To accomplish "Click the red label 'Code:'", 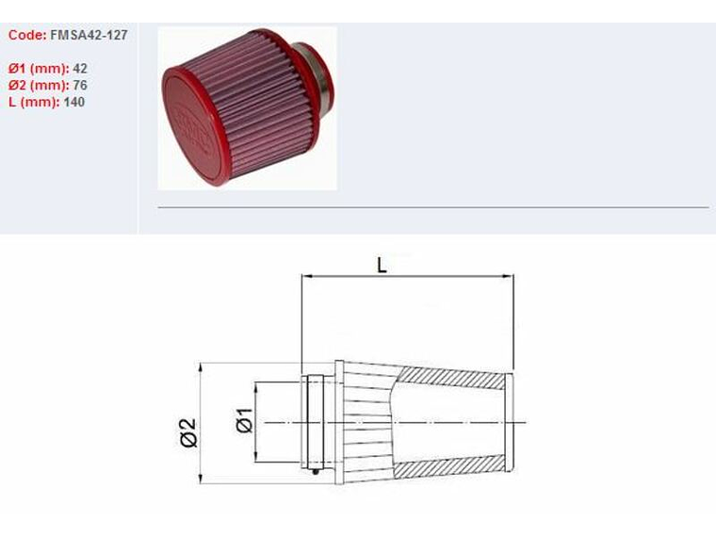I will click(x=26, y=35).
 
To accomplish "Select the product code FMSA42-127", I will click(x=89, y=35).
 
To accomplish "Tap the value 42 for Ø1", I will click(x=79, y=69).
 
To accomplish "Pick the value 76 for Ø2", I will click(x=79, y=86).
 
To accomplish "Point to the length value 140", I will click(x=74, y=102).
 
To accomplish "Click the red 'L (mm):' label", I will click(x=34, y=102).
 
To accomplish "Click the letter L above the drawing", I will click(x=382, y=266).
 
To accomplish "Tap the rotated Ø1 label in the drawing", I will click(x=243, y=421).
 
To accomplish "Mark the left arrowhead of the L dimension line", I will click(x=305, y=277).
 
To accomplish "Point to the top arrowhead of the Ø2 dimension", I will click(x=203, y=367).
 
